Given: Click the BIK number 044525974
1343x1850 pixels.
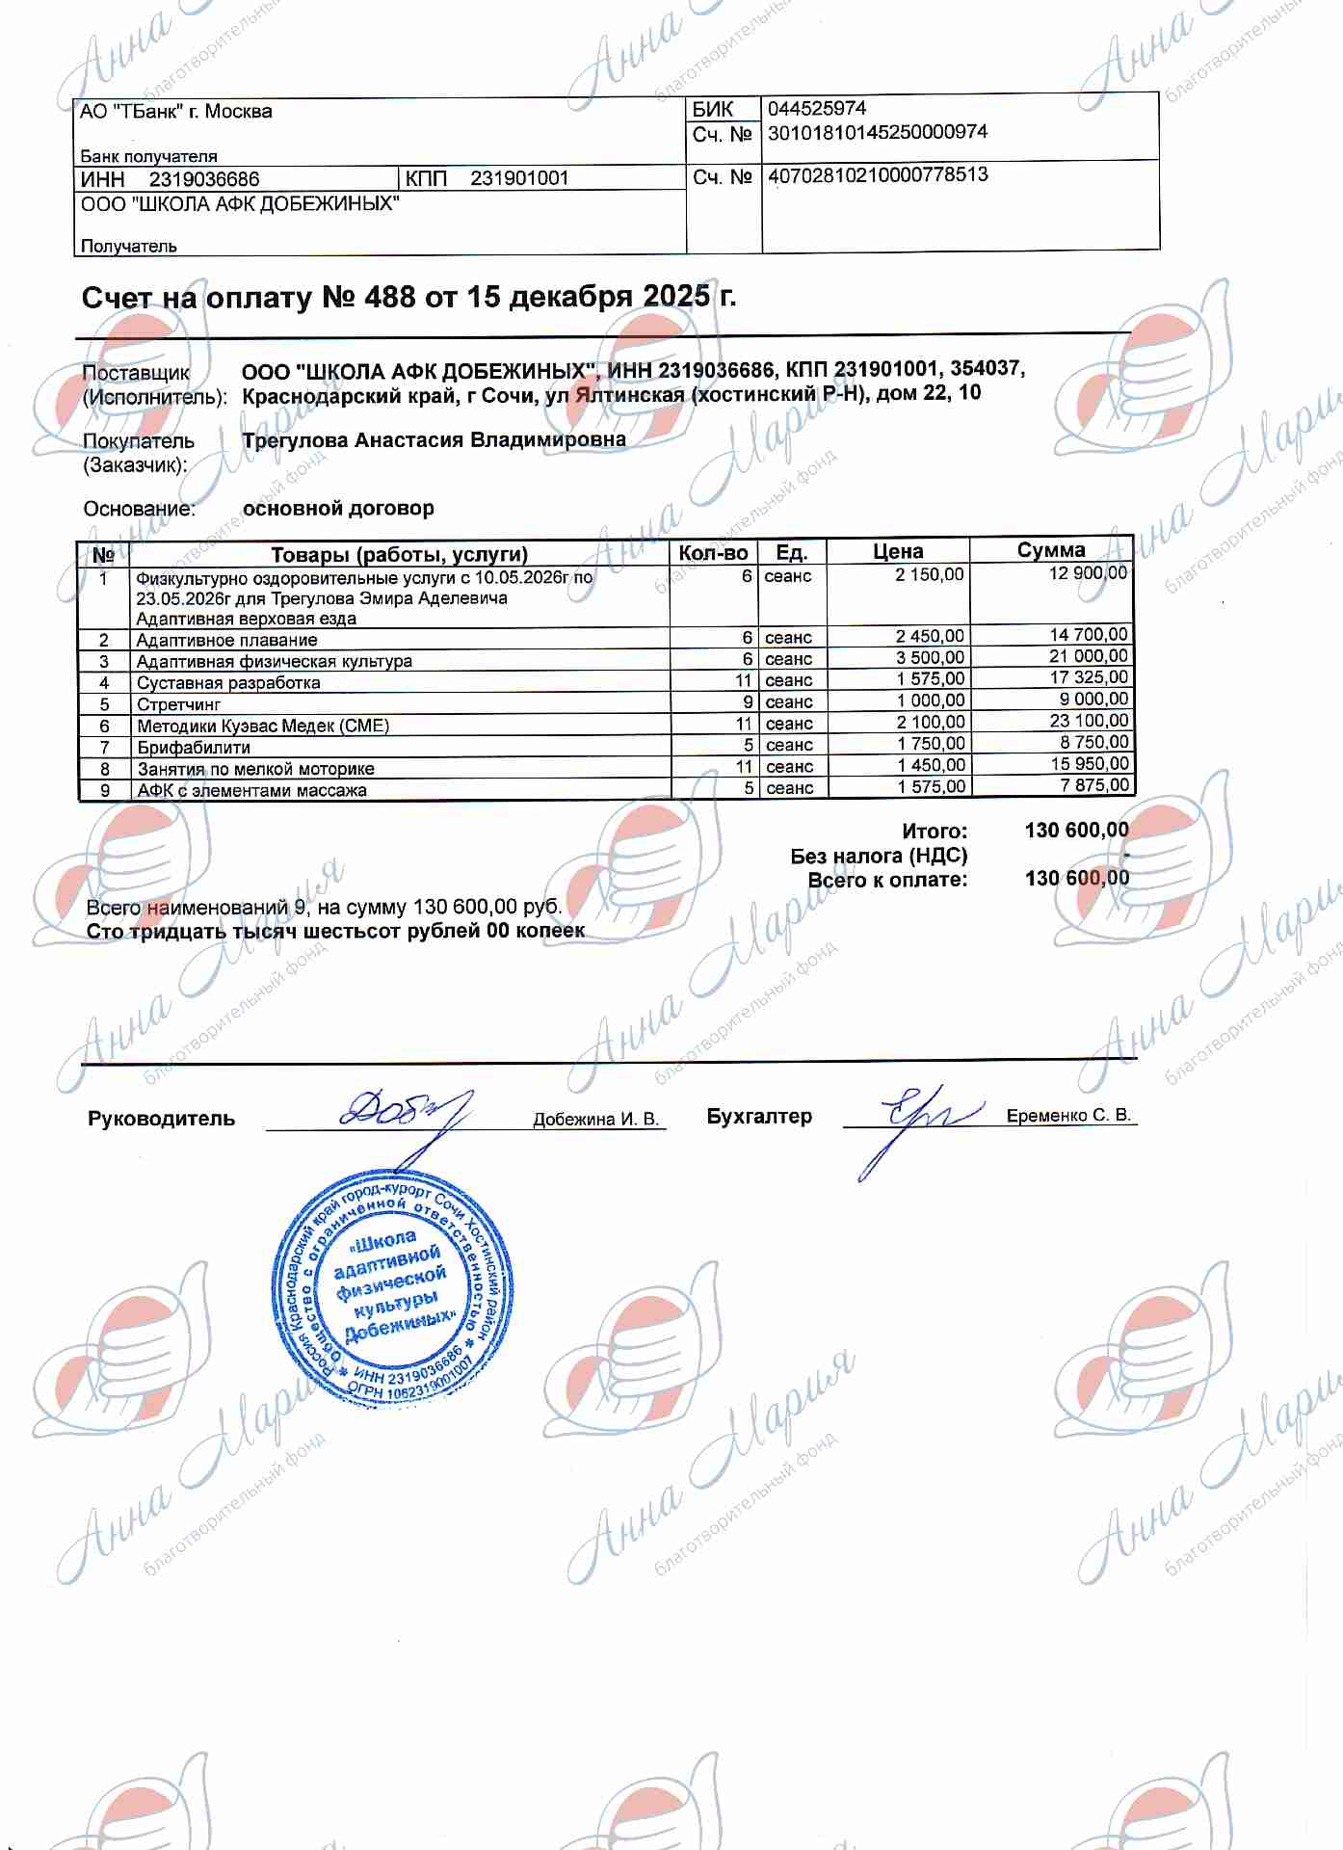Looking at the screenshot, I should click(x=816, y=108).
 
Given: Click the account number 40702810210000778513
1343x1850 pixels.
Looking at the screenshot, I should click(x=878, y=175).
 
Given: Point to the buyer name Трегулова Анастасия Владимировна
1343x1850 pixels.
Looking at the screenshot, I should click(x=434, y=440).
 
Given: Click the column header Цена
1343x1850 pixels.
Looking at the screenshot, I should click(x=898, y=552).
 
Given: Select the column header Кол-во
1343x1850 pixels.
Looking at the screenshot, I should click(x=713, y=553).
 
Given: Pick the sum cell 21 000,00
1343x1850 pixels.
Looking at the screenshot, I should click(x=1089, y=656).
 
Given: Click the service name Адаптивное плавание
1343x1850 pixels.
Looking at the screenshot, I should click(x=226, y=640).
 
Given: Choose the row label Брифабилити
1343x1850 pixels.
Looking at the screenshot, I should click(x=194, y=748).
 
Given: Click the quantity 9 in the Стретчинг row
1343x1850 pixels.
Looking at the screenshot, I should click(x=748, y=701).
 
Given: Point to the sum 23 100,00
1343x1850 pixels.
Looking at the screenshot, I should click(x=1089, y=721).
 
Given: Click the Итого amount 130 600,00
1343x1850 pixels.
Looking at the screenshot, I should click(x=1076, y=830).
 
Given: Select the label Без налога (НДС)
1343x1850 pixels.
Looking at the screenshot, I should click(x=879, y=856).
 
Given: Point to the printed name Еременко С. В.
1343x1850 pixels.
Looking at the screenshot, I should click(x=1068, y=1115).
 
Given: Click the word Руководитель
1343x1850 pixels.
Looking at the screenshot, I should click(x=161, y=1119).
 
